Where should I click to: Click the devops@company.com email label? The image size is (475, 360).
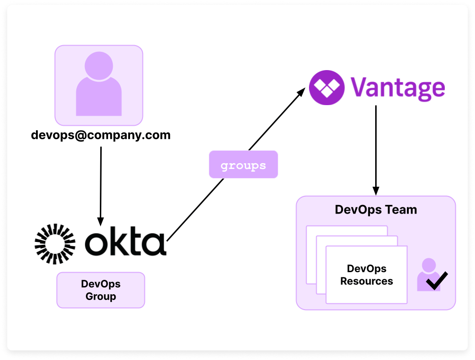pyautogui.click(x=100, y=135)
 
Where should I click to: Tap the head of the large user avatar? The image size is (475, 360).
pyautogui.click(x=98, y=65)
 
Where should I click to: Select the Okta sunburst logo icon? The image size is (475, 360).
pyautogui.click(x=55, y=244)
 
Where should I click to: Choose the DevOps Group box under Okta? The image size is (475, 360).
pyautogui.click(x=100, y=290)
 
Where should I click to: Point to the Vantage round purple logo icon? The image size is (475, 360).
pyautogui.click(x=327, y=87)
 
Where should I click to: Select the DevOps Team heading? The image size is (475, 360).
pyautogui.click(x=375, y=210)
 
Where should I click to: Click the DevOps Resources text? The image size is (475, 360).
pyautogui.click(x=367, y=275)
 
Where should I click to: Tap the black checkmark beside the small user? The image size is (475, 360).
pyautogui.click(x=437, y=281)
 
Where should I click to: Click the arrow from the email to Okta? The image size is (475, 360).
pyautogui.click(x=101, y=182)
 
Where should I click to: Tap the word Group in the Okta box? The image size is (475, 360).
pyautogui.click(x=100, y=296)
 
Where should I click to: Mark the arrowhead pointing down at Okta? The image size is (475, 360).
pyautogui.click(x=100, y=221)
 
